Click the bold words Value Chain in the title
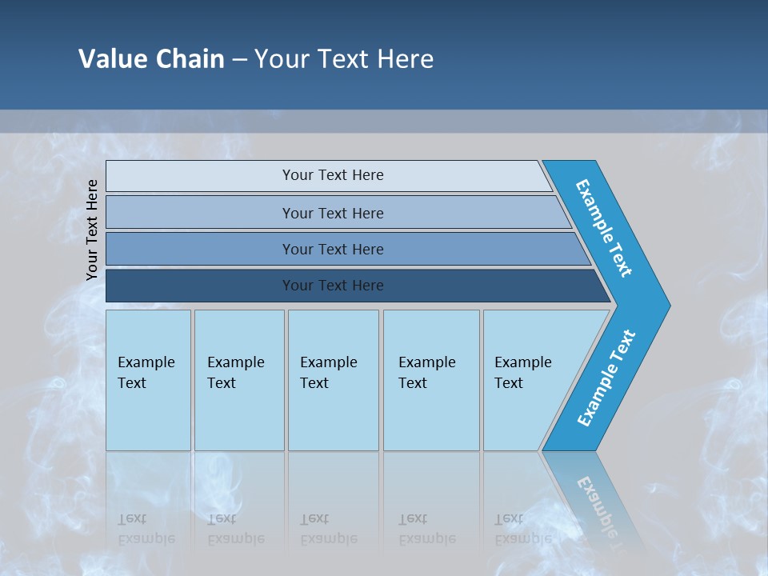click(x=151, y=59)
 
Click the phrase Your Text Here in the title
click(x=344, y=59)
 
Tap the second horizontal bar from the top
click(x=200, y=213)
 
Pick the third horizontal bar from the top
click(x=200, y=249)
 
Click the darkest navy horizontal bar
click(x=200, y=286)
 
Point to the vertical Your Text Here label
click(x=92, y=230)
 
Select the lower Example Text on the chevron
click(x=606, y=378)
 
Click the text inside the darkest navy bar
click(x=333, y=286)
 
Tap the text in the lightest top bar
click(x=333, y=175)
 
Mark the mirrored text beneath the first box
click(x=146, y=529)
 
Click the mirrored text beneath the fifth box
click(x=522, y=529)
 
